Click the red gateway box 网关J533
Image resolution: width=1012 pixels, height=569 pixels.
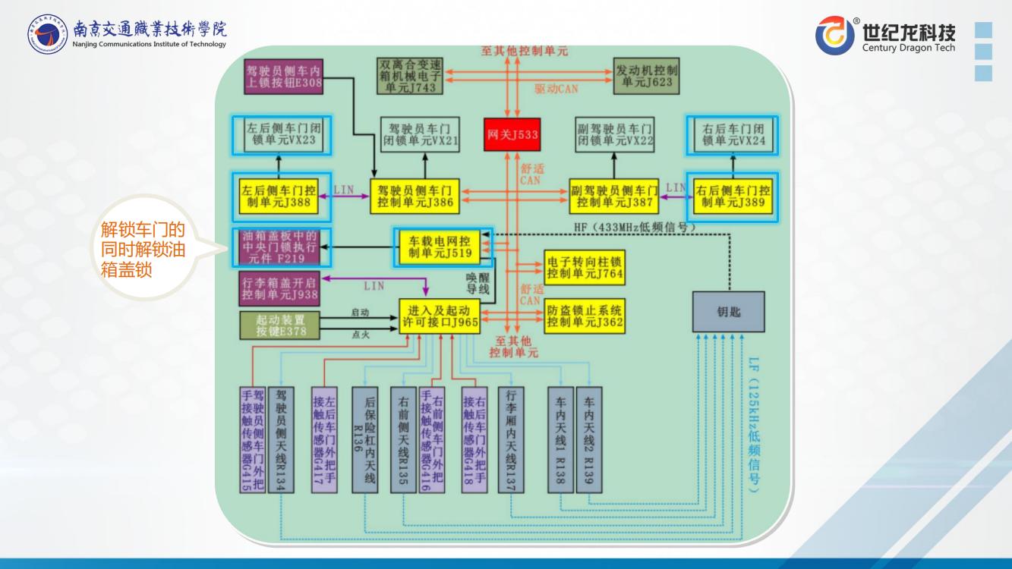[512, 135]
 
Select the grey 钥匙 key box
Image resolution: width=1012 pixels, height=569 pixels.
[728, 312]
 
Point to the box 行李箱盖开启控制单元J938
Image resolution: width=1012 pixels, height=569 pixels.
[279, 288]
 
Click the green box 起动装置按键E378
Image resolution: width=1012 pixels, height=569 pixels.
[279, 324]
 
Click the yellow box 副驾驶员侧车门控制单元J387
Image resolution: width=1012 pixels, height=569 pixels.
[615, 196]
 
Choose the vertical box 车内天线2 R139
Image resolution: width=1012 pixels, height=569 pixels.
[589, 440]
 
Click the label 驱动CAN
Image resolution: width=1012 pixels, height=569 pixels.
[556, 89]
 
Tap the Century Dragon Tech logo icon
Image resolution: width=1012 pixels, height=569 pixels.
[834, 36]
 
